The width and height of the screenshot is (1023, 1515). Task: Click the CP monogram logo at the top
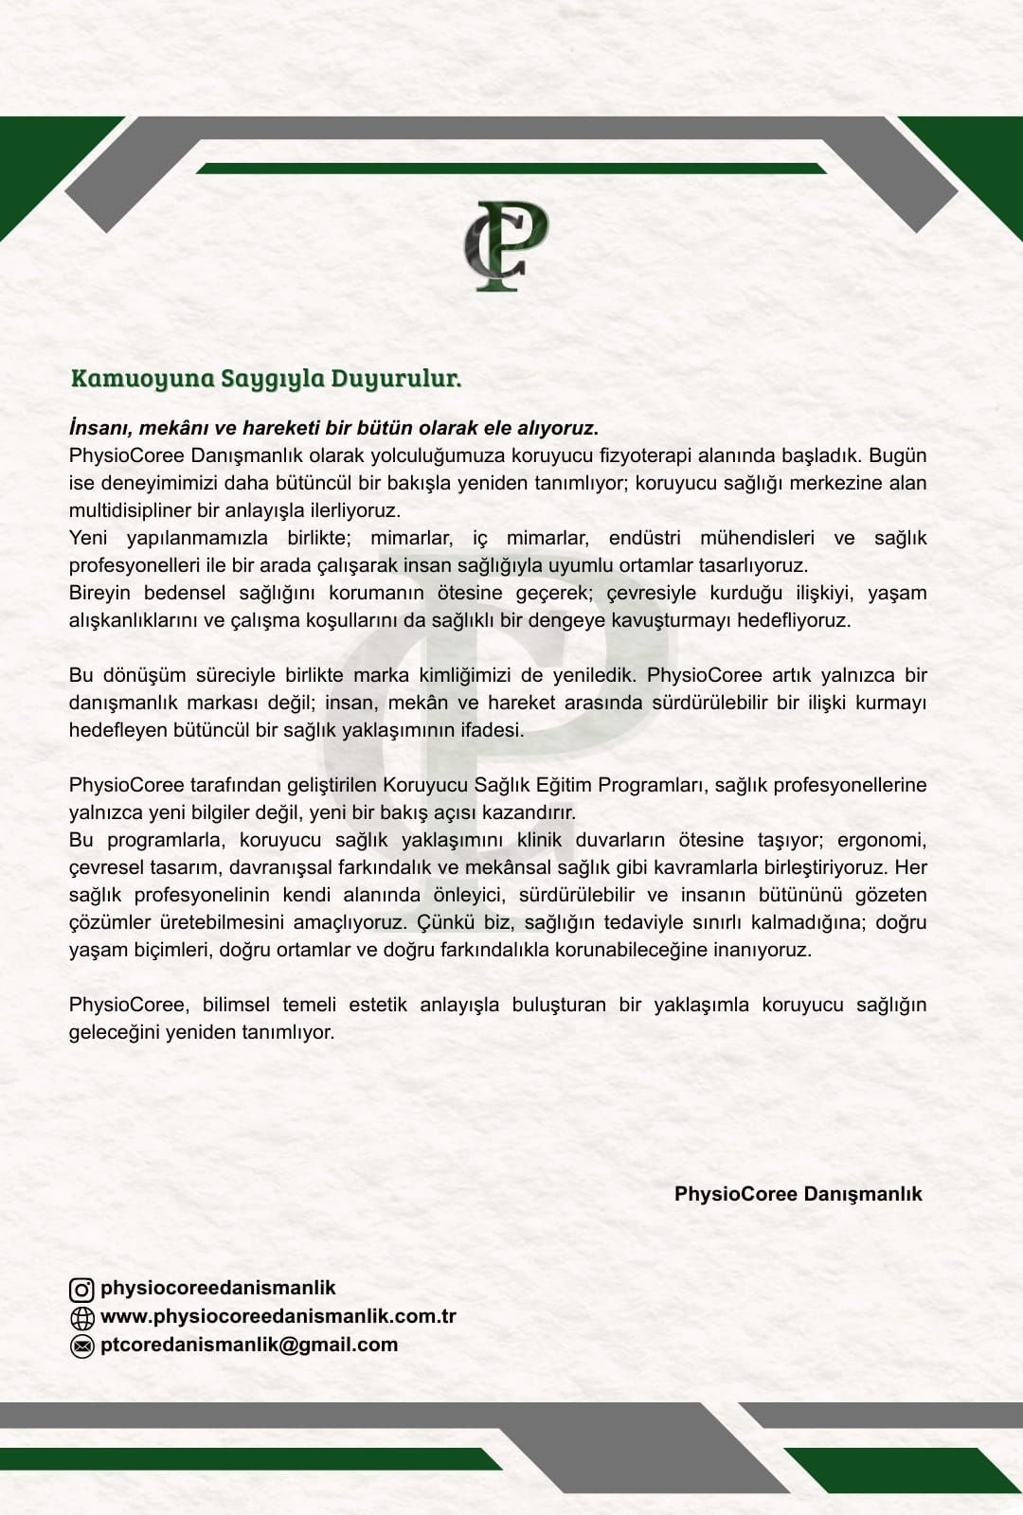[x=506, y=245]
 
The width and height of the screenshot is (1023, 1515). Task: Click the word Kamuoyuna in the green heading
[x=143, y=379]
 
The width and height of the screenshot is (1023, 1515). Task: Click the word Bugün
[x=897, y=455]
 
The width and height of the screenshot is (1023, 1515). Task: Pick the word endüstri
[x=644, y=538]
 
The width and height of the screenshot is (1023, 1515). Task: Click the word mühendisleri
[x=757, y=538]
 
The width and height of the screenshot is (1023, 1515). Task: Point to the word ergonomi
[x=881, y=840]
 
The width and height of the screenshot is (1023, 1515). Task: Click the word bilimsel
[x=236, y=1005]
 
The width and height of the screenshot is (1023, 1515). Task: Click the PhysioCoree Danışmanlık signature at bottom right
[x=798, y=1194]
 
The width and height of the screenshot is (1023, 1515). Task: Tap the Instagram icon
[x=82, y=1290]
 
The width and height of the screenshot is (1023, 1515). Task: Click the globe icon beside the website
[x=82, y=1317]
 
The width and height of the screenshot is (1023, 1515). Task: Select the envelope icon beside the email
[x=82, y=1346]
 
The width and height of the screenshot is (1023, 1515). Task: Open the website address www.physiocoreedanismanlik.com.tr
[x=278, y=1316]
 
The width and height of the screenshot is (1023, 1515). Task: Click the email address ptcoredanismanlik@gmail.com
[x=249, y=1345]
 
